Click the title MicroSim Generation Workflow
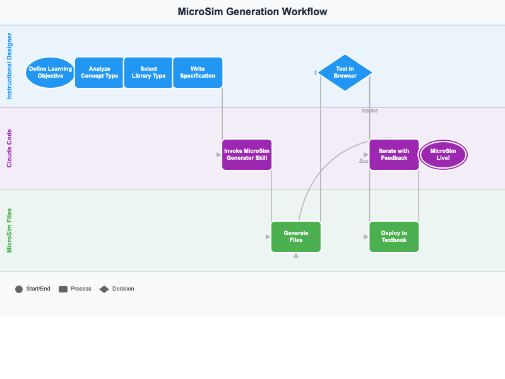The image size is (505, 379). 252,12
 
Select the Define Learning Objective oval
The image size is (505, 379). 50,73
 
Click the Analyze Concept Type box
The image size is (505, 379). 100,73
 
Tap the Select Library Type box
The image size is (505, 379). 148,73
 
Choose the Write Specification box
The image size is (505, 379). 198,73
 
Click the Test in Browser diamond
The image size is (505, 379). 345,73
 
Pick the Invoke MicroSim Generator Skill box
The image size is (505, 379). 247,155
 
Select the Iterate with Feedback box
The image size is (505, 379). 394,155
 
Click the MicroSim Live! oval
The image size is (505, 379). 443,155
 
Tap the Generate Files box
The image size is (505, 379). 296,237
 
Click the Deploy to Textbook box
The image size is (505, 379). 394,237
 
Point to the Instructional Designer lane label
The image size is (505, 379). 9,66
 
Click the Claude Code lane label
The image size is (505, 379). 9,148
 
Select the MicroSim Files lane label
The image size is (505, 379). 9,231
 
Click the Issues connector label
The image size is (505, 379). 370,111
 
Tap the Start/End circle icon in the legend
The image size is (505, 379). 19,289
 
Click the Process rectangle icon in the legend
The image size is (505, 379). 63,289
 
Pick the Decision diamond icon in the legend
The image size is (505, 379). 104,289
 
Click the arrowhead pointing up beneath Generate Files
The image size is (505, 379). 296,256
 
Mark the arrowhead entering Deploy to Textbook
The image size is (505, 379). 366,237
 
